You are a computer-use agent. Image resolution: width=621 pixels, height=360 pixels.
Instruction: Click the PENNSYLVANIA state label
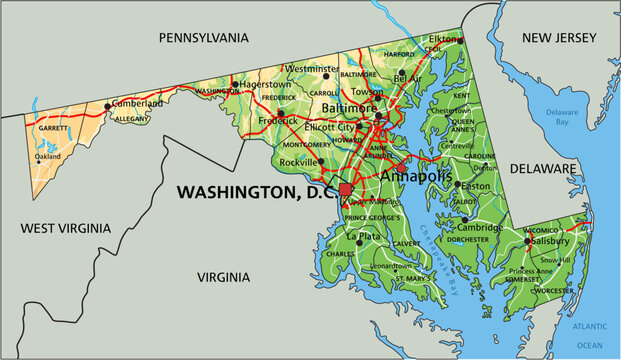(x=203, y=37)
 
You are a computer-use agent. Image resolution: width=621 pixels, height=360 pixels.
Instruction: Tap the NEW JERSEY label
(x=558, y=37)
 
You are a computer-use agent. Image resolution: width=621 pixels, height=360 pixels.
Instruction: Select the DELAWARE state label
(x=542, y=169)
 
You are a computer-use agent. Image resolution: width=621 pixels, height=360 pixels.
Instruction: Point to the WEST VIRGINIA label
(x=63, y=229)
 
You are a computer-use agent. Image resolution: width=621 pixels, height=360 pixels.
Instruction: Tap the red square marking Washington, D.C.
(x=346, y=190)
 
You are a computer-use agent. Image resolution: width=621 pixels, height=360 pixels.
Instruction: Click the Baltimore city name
(x=348, y=107)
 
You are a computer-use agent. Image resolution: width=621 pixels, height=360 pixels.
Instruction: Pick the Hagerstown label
(x=265, y=85)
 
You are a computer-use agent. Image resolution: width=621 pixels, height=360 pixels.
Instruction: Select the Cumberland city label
(x=137, y=103)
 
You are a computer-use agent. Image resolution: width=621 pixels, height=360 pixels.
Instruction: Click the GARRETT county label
(x=52, y=128)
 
